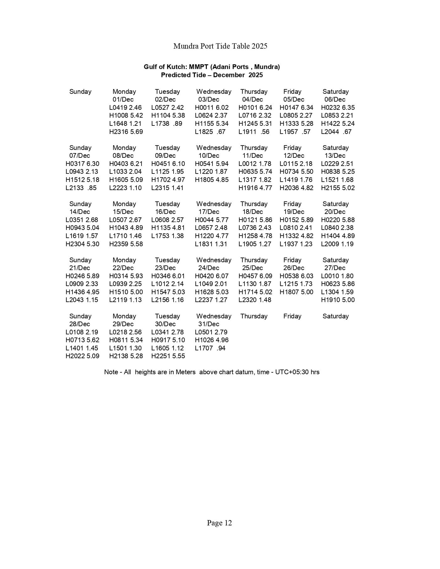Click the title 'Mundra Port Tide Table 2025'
click(x=220, y=46)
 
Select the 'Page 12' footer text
click(x=219, y=523)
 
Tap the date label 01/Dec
click(x=123, y=99)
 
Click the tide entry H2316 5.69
click(x=126, y=132)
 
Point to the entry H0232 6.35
click(x=338, y=108)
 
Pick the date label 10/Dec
click(x=209, y=156)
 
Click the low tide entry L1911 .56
click(x=254, y=132)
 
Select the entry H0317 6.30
click(x=82, y=164)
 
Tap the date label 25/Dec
click(x=252, y=268)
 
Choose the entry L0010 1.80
click(x=337, y=276)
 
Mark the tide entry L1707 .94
click(x=210, y=348)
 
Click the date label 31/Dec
click(x=209, y=324)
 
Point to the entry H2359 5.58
click(x=126, y=244)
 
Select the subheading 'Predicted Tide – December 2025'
click(x=212, y=75)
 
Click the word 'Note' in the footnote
click(x=111, y=372)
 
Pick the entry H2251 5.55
click(x=168, y=356)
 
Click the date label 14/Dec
click(x=79, y=212)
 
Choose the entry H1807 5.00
click(x=296, y=292)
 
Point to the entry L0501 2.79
click(x=211, y=332)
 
